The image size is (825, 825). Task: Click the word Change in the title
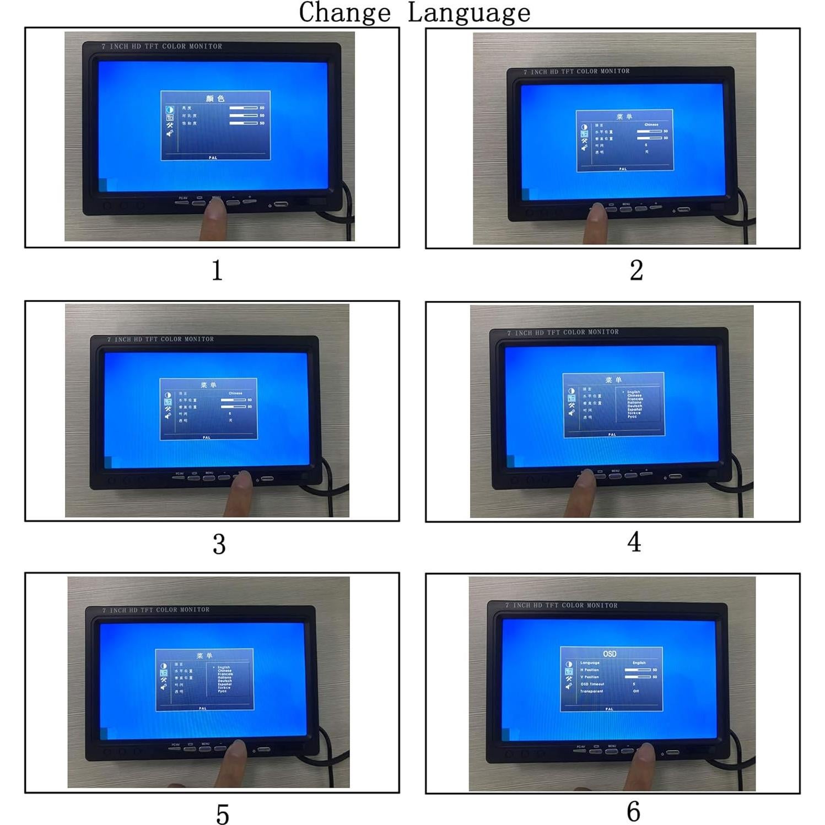tap(344, 12)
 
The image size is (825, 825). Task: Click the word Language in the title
tap(469, 12)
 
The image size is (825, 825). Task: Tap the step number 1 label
tap(217, 270)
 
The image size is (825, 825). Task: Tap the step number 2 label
tap(636, 270)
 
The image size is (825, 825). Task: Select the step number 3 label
tap(219, 544)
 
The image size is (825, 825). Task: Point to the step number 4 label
tap(634, 542)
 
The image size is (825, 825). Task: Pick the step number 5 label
tap(222, 814)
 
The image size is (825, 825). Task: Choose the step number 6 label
tap(634, 811)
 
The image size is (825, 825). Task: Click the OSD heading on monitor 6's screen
tap(610, 654)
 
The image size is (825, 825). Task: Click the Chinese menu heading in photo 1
tap(215, 98)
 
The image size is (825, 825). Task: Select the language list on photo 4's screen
tap(634, 404)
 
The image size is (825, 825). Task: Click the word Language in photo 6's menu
tap(590, 663)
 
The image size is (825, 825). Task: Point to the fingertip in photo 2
tap(597, 211)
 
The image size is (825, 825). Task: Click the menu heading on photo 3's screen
tap(208, 385)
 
